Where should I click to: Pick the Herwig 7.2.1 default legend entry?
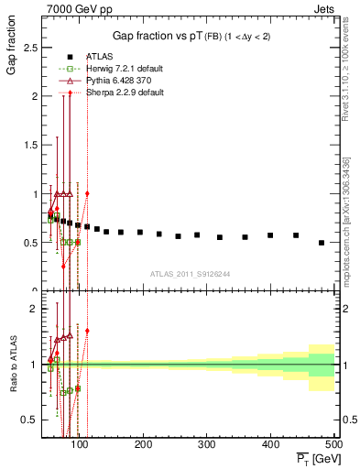pos(107,69)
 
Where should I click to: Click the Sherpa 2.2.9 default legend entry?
pos(107,92)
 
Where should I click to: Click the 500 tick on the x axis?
pos(334,445)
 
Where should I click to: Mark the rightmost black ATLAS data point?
pos(321,243)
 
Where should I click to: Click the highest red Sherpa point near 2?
pos(70,93)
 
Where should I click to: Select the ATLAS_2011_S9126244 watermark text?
pos(190,273)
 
